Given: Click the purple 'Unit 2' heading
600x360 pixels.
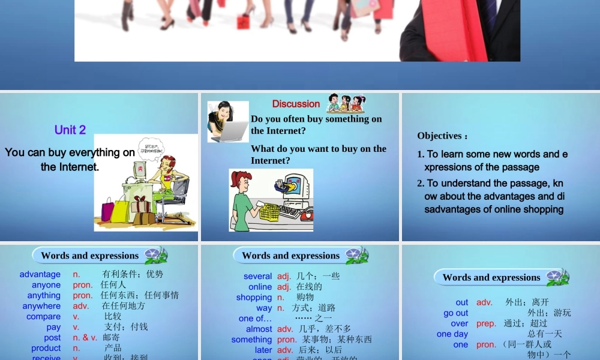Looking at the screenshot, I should click(70, 130).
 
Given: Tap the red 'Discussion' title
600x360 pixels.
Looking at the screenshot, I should click(296, 104).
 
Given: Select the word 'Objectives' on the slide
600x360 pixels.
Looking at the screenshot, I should click(440, 136).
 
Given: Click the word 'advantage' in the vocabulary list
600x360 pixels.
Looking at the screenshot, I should click(40, 274).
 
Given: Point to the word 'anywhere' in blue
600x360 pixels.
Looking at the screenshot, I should click(41, 306).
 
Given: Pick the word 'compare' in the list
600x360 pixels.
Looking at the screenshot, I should click(43, 316).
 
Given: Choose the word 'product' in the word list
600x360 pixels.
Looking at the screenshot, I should click(46, 348).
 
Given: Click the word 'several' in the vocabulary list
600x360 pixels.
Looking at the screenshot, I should click(258, 276).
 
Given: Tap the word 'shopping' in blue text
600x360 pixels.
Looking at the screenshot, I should click(254, 297).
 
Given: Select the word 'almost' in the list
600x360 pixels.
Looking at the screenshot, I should click(259, 329).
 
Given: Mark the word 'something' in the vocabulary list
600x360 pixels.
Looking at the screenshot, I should click(252, 340).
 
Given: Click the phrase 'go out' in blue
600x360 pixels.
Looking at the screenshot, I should click(456, 313).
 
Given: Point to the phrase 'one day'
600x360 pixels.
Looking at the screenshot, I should click(452, 334).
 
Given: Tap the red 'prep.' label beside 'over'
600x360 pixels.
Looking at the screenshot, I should click(486, 323).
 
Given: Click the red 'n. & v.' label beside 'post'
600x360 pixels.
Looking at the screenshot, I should click(85, 338).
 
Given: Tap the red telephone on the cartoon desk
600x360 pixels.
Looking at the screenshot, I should click(306, 213).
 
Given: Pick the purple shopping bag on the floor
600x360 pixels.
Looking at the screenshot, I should click(108, 211).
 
